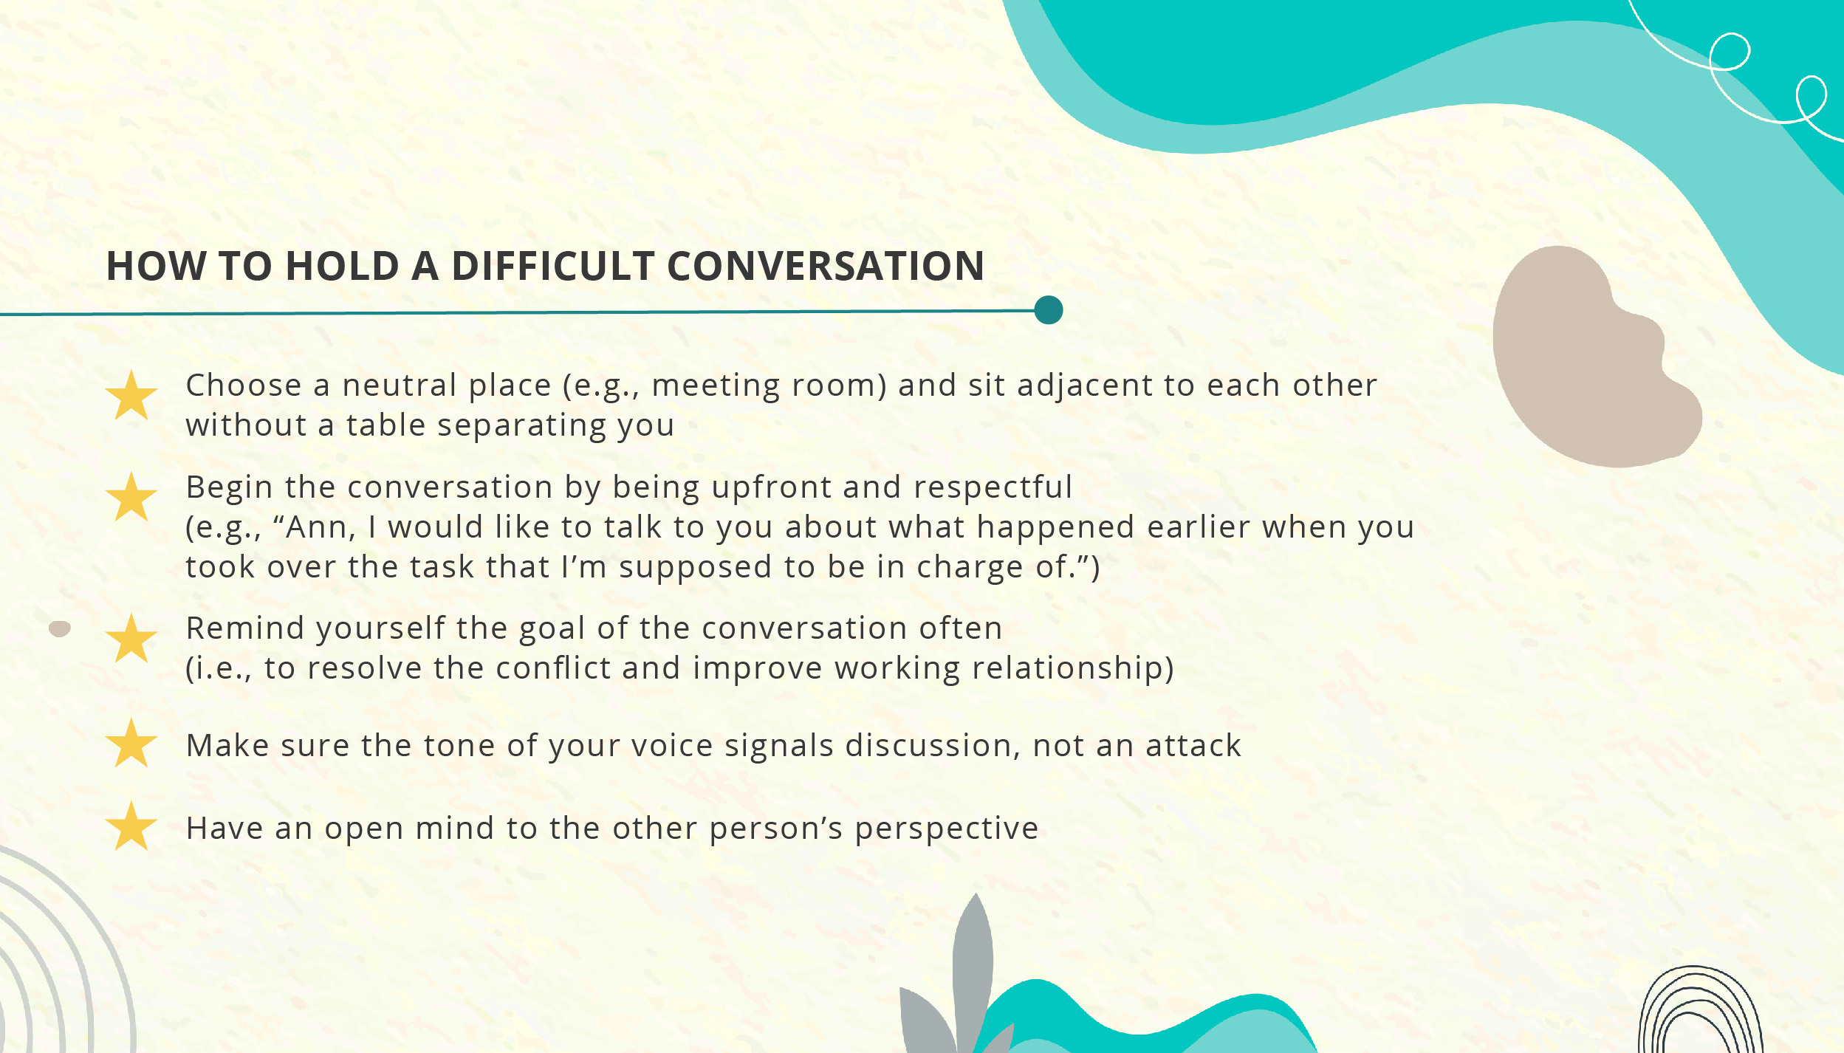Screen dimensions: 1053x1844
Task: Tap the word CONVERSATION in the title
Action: point(825,266)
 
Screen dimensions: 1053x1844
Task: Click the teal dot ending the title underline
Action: point(1048,310)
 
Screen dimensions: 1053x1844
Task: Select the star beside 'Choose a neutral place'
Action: point(131,397)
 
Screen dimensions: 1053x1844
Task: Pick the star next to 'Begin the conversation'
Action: point(131,498)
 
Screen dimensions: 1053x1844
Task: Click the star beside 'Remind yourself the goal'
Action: point(131,639)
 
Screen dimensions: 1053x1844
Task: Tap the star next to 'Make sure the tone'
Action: point(131,744)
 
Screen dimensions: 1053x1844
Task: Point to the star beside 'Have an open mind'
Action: point(131,827)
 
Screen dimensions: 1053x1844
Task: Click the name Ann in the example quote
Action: point(315,527)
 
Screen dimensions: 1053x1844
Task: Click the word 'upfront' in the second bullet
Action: point(770,487)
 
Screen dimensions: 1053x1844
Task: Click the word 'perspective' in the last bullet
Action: point(946,829)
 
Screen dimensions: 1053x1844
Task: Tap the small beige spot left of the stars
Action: point(59,629)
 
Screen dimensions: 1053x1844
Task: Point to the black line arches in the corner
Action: point(1699,1012)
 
